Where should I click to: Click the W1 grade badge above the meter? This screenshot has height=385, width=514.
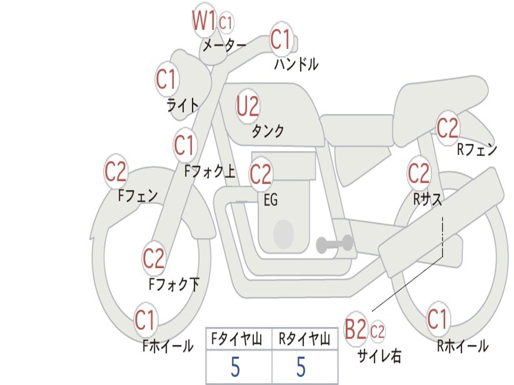coord(204,21)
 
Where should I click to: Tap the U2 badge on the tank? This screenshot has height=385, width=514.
coord(248,106)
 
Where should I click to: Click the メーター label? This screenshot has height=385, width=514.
coord(224,46)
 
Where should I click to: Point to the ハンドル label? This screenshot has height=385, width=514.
coord(296,64)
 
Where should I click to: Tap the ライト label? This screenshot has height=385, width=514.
coord(183,105)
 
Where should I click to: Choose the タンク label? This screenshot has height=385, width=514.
coord(268,131)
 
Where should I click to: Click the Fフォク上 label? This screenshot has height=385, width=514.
coord(209,172)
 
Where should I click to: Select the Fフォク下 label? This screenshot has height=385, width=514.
coord(174,284)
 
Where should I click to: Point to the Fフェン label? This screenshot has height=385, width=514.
coord(138,196)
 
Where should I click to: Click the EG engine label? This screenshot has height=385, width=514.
coord(271,200)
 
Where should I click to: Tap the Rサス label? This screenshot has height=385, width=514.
coord(428,199)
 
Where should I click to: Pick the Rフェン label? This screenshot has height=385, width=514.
coord(476,149)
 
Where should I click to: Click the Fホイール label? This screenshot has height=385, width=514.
coord(168,345)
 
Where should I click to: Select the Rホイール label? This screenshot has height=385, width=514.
coord(462,345)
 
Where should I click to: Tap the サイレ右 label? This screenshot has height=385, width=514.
coord(379,355)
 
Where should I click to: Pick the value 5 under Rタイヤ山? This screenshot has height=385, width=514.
coord(301,367)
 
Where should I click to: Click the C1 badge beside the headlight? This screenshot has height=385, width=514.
coord(167,79)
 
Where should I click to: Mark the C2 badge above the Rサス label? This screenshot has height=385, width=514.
coord(419,173)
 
